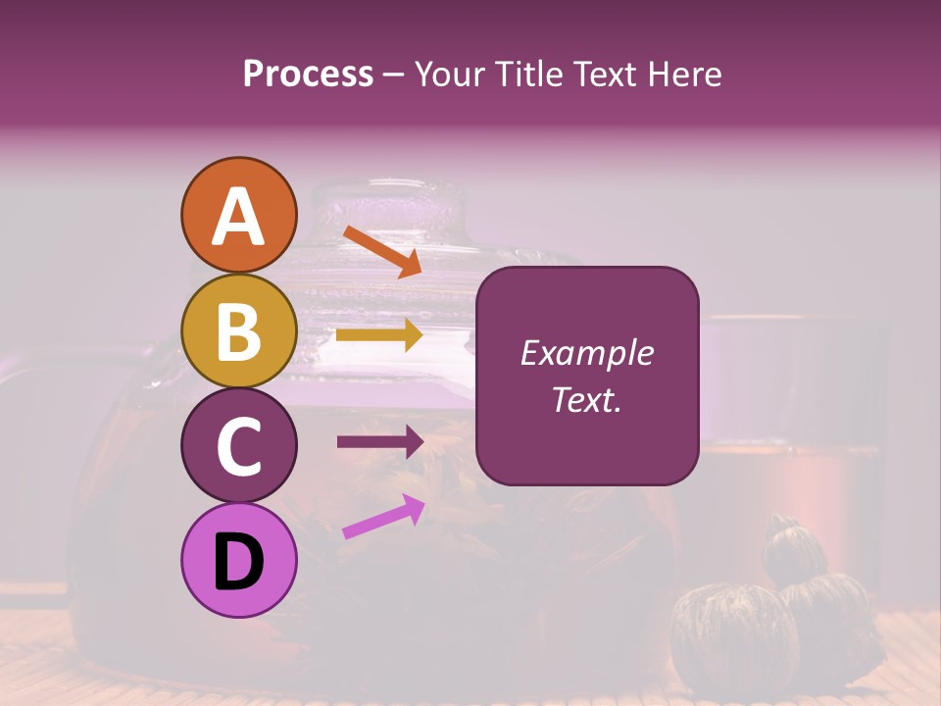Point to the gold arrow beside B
379,335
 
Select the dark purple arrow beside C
379,442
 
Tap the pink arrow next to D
383,517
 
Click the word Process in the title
308,74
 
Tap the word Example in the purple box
586,353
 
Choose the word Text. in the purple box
586,400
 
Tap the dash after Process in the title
393,75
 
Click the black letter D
238,562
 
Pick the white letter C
238,446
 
